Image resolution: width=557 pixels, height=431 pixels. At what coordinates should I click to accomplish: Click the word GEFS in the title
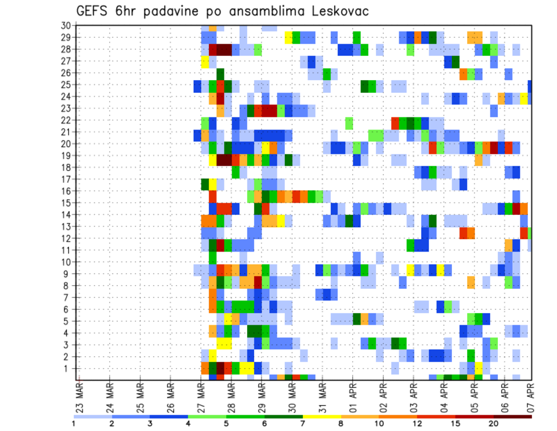pyautogui.click(x=95, y=12)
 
